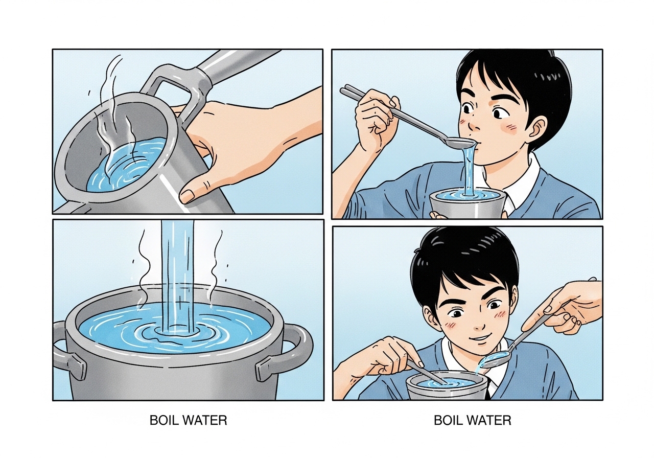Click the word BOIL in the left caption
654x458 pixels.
pyautogui.click(x=162, y=420)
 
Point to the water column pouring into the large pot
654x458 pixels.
pyautogui.click(x=177, y=278)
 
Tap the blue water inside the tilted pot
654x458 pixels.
pyautogui.click(x=128, y=165)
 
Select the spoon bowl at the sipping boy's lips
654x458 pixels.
pyautogui.click(x=461, y=143)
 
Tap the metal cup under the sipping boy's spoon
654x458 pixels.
pyautogui.click(x=467, y=204)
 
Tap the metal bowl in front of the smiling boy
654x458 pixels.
pyautogui.click(x=447, y=385)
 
